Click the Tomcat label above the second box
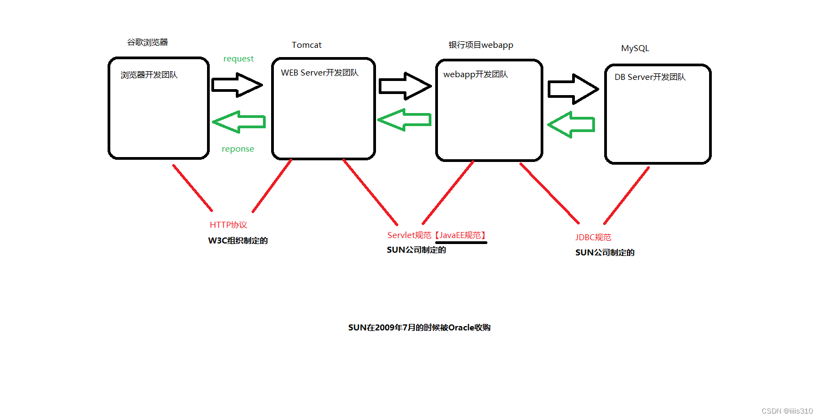[x=306, y=45]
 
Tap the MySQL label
[x=635, y=48]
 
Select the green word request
[x=239, y=59]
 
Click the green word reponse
[x=238, y=149]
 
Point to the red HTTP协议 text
[x=228, y=225]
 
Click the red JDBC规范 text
[x=593, y=237]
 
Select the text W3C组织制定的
[x=238, y=241]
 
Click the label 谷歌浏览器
[x=147, y=42]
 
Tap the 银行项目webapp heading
[x=481, y=45]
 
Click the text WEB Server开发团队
[x=319, y=73]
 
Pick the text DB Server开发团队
[x=650, y=77]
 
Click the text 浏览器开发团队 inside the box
[x=149, y=75]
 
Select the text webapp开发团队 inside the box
[x=475, y=74]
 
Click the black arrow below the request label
[x=237, y=85]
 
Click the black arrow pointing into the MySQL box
[x=573, y=89]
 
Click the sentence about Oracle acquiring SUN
[x=419, y=328]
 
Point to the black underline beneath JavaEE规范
[x=461, y=243]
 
